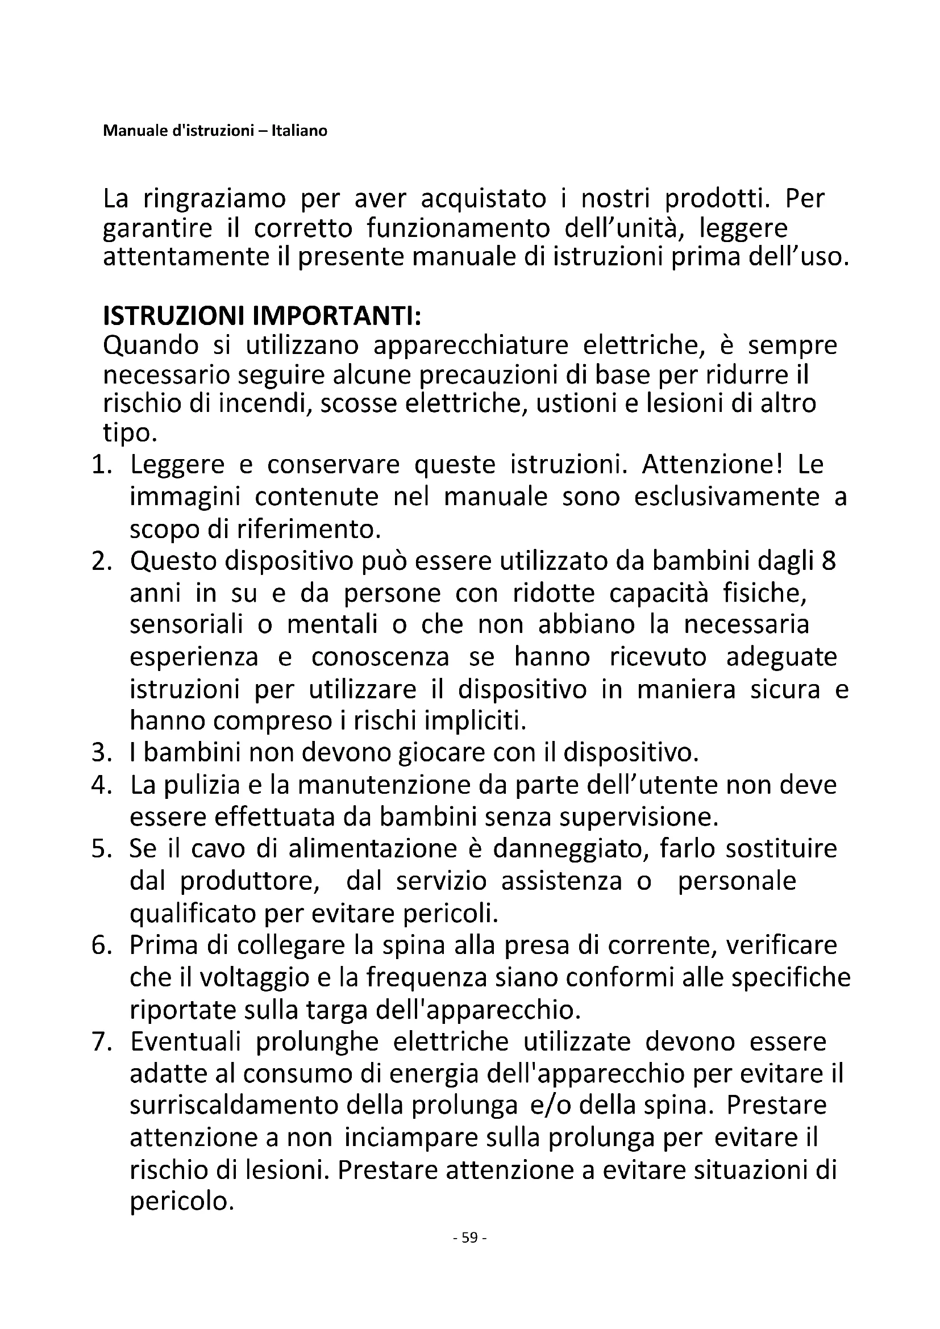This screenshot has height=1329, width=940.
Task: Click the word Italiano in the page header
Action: point(303,131)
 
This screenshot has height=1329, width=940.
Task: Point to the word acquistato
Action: point(483,198)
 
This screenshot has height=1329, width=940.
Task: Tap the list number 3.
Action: point(100,752)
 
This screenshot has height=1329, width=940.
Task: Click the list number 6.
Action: point(100,945)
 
